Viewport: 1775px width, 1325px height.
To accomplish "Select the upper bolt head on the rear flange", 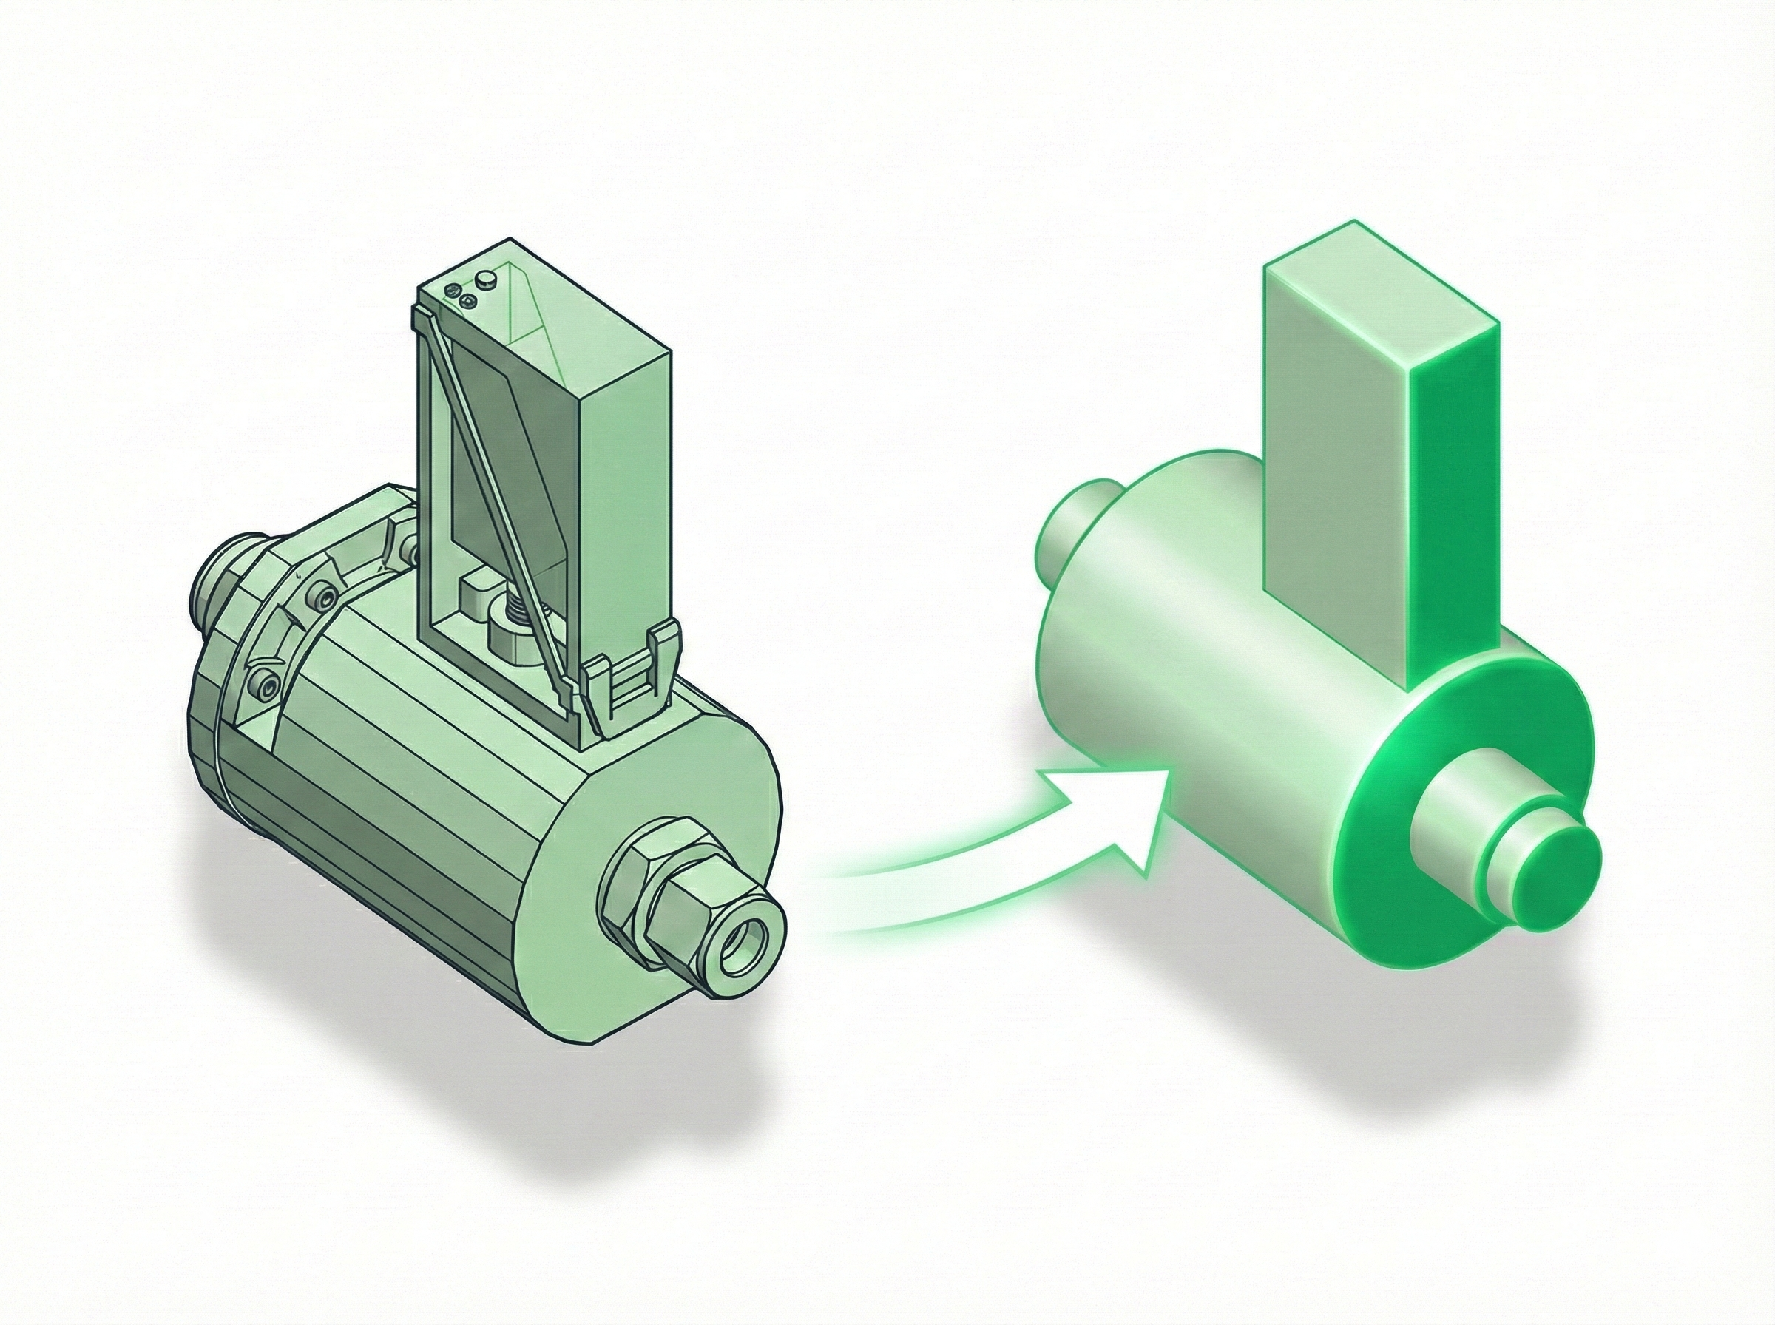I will click(322, 596).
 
